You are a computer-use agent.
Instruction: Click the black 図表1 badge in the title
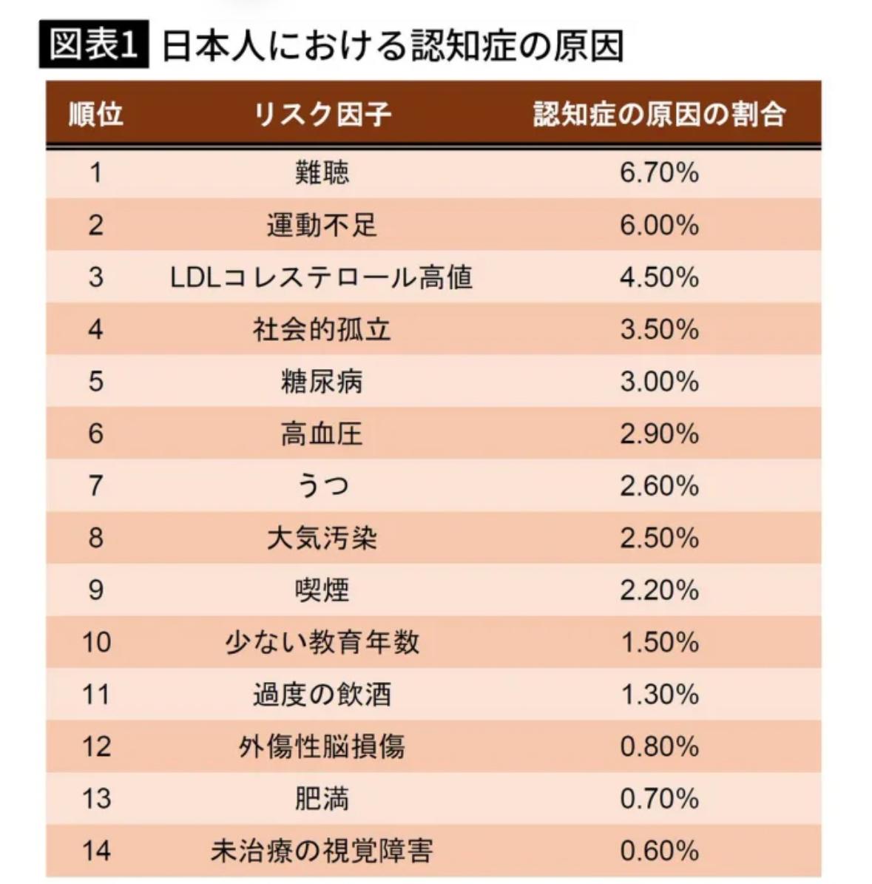[x=94, y=46]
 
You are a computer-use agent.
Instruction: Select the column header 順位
[x=95, y=115]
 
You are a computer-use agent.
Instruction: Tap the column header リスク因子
[x=322, y=115]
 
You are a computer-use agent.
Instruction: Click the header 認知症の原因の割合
[x=659, y=115]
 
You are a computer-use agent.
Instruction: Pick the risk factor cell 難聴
[x=322, y=173]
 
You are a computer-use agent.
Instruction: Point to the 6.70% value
[x=659, y=173]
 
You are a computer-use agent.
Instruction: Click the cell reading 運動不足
[x=322, y=225]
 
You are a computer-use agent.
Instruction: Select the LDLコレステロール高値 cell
[x=322, y=277]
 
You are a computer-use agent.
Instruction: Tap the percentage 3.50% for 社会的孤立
[x=659, y=329]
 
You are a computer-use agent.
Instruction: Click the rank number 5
[x=95, y=382]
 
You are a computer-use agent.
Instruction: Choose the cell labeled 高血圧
[x=322, y=433]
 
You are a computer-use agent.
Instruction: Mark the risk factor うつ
[x=322, y=486]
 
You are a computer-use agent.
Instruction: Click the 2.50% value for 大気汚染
[x=659, y=538]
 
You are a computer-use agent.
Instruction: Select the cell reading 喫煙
[x=322, y=590]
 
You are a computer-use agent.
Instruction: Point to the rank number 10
[x=95, y=642]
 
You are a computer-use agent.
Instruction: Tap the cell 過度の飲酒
[x=322, y=695]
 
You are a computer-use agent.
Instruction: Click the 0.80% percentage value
[x=659, y=746]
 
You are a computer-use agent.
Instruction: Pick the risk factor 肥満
[x=322, y=799]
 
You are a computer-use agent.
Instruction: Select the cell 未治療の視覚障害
[x=322, y=851]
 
